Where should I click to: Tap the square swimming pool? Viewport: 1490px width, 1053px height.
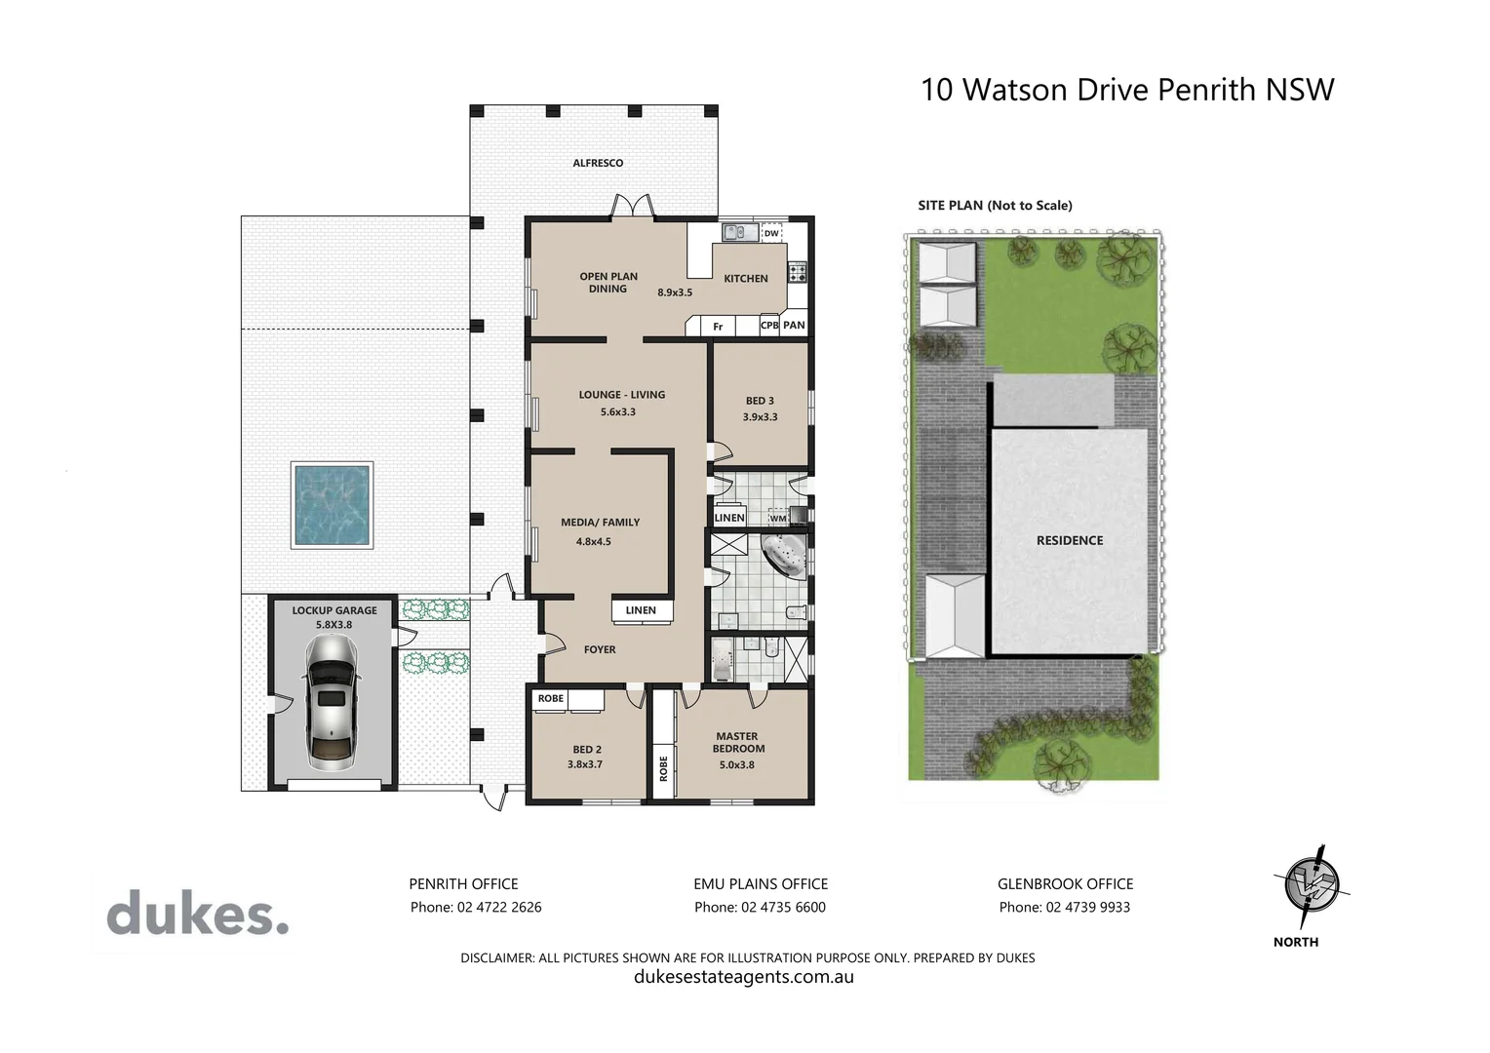coord(333,505)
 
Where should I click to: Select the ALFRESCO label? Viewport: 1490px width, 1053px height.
coord(598,163)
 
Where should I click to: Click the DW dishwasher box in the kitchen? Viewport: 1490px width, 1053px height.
coord(771,234)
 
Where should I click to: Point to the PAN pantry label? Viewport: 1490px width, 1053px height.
coord(794,326)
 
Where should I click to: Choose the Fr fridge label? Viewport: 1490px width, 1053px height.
coord(718,327)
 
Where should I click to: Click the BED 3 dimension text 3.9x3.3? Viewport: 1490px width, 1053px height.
coord(760,417)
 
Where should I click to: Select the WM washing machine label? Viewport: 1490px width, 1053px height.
coord(778,519)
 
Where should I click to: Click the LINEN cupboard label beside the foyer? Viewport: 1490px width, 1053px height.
coord(641,610)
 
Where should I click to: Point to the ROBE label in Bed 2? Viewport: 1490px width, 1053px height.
coord(551,698)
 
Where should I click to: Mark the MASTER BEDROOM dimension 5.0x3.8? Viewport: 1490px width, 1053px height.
coord(737,765)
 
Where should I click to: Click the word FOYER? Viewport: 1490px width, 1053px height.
coord(600,649)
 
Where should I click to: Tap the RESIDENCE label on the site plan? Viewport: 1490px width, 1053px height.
coord(1070,540)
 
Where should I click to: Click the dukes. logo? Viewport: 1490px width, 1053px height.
coord(198,914)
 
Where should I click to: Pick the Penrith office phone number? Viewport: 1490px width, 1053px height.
coord(475,908)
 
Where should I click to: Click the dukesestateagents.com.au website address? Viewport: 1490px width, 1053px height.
coord(743,977)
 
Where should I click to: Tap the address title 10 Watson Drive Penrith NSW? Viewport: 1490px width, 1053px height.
coord(1127,90)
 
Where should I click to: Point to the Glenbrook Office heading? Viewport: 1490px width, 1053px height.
coord(1065,884)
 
